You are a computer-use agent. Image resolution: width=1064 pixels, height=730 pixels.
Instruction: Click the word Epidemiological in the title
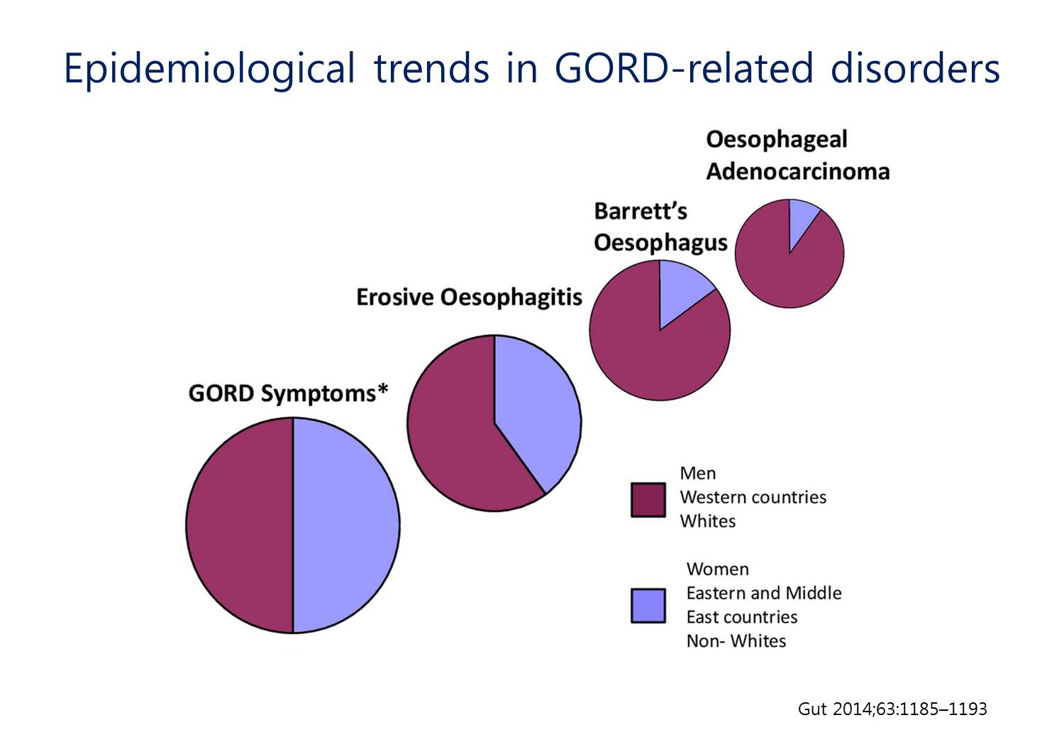point(209,70)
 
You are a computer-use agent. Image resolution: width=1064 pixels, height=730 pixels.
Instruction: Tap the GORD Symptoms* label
point(288,394)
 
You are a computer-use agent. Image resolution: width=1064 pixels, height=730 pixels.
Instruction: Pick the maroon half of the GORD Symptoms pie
point(240,525)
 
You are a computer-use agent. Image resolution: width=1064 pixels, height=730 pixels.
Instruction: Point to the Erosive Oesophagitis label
point(470,298)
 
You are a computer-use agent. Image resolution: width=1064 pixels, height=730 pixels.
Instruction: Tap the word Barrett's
point(641,211)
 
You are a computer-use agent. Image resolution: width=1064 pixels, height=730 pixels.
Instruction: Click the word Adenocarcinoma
point(798,172)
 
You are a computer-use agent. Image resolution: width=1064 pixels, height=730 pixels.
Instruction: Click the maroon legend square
point(648,500)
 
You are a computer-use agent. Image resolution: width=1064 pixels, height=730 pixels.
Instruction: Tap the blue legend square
point(648,606)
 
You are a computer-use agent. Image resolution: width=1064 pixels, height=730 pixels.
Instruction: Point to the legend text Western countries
point(753,498)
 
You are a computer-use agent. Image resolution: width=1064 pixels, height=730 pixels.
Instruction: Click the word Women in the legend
point(718,570)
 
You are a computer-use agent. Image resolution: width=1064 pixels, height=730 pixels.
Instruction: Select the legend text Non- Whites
point(736,641)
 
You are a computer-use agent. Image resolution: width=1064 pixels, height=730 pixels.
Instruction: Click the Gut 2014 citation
point(892,709)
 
